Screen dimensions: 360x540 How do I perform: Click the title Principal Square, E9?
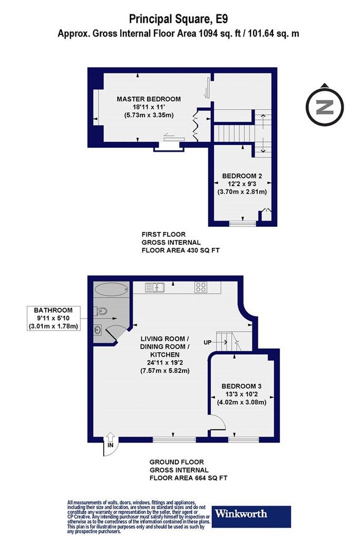178,19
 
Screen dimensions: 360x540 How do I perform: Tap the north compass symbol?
325,105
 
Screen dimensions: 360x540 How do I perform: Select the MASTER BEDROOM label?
149,99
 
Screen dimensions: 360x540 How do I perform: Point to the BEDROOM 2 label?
242,176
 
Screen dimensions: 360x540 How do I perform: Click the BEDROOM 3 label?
241,387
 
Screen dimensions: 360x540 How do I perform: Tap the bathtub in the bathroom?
111,289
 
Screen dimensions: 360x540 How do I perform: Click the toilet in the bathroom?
101,311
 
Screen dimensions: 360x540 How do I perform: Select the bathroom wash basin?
98,330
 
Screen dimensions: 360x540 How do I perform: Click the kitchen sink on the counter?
155,287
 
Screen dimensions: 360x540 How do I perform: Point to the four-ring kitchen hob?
201,287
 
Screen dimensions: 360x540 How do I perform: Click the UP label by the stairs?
207,342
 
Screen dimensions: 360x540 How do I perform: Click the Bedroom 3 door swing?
218,422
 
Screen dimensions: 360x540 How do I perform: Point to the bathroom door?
115,333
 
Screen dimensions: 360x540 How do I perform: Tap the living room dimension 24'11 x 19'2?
164,363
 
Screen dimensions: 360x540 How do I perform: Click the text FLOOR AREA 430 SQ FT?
181,250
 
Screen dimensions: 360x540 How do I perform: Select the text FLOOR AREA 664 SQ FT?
188,478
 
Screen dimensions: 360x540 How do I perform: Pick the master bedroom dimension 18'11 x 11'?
149,107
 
